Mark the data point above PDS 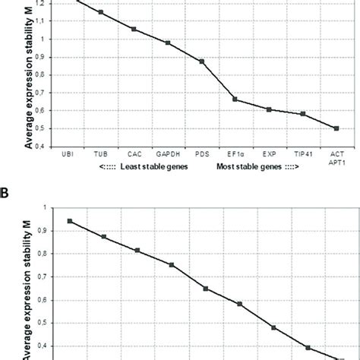tap(202, 62)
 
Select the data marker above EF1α tap(235, 99)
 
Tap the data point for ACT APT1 tap(336, 128)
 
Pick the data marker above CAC tap(134, 30)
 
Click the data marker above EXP tap(269, 109)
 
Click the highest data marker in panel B tap(70, 221)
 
